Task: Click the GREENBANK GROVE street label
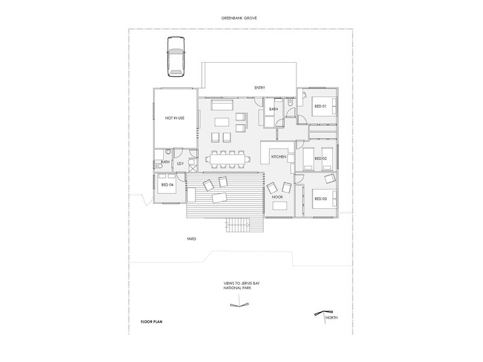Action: (x=239, y=18)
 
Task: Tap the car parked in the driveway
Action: (x=176, y=57)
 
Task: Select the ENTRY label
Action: (x=260, y=87)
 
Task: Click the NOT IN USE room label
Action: (x=174, y=118)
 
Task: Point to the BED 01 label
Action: (x=321, y=106)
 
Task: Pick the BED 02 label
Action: (x=321, y=159)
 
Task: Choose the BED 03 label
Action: (x=321, y=199)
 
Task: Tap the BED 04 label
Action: (x=167, y=185)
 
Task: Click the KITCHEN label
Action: (x=279, y=157)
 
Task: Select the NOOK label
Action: (x=277, y=197)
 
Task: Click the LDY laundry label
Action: (x=180, y=164)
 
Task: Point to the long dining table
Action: (x=228, y=159)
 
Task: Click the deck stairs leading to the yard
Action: (x=238, y=225)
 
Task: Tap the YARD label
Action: (x=191, y=239)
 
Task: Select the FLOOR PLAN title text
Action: (x=152, y=322)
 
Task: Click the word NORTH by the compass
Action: (x=331, y=318)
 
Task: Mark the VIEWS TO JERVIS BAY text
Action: (x=241, y=284)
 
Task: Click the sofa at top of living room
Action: (x=222, y=104)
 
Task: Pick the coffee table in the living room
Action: (x=222, y=122)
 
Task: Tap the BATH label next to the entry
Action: (x=273, y=109)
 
